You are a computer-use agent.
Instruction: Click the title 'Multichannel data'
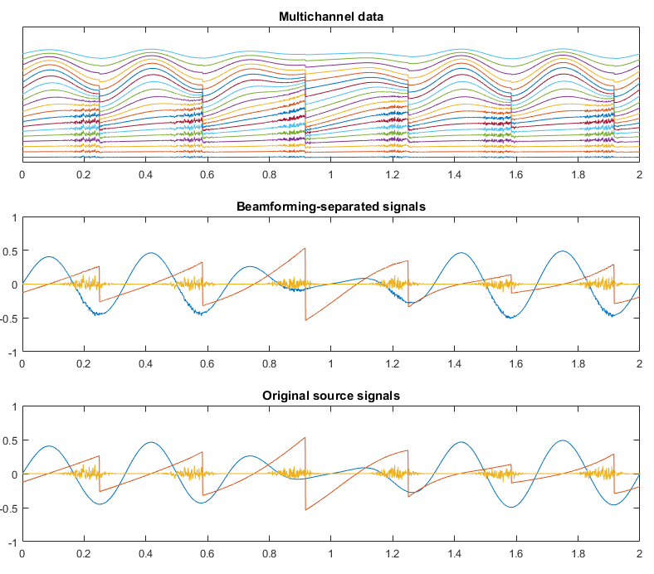click(x=330, y=16)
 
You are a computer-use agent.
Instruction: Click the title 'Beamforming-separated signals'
click(x=330, y=206)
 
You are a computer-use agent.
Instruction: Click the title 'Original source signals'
click(x=330, y=396)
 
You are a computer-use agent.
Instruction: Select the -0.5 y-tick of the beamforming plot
click(x=8, y=319)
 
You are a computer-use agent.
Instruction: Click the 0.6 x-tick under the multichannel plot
click(x=207, y=175)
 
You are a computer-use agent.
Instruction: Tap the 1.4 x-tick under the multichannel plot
click(x=454, y=175)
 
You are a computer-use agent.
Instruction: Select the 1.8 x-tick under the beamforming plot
click(x=578, y=365)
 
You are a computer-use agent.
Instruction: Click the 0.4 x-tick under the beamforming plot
click(x=145, y=365)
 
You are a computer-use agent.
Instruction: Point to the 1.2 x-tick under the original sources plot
click(x=393, y=555)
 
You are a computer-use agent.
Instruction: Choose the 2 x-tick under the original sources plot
click(x=639, y=555)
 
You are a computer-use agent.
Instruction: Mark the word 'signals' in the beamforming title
click(x=403, y=206)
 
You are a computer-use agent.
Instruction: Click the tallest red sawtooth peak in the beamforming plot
click(x=305, y=248)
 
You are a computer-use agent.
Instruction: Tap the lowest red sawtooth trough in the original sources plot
click(x=306, y=509)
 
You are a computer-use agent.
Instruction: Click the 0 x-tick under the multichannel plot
click(x=22, y=175)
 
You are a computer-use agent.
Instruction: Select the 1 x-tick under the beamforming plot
click(x=330, y=365)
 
